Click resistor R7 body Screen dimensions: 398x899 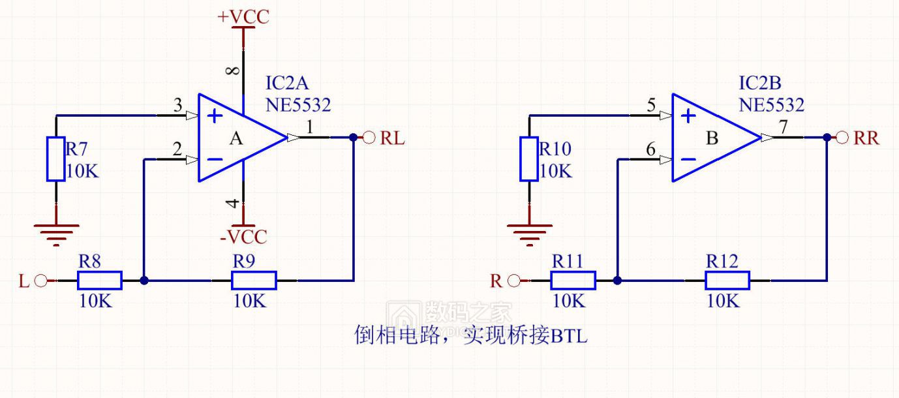click(x=55, y=159)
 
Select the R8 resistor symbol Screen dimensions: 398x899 click(x=99, y=281)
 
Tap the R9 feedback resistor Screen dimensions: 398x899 click(x=254, y=281)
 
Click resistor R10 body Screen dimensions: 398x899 click(x=528, y=159)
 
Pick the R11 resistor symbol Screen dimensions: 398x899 click(x=573, y=281)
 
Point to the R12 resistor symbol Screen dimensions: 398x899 click(x=727, y=281)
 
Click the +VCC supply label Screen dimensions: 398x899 click(x=243, y=17)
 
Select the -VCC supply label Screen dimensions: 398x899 click(x=243, y=236)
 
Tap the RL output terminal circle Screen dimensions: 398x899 click(x=369, y=138)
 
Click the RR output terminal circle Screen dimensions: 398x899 click(x=843, y=138)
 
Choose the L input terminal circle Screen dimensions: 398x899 click(x=41, y=281)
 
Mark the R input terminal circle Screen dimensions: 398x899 click(x=514, y=281)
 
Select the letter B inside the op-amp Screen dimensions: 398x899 click(x=712, y=138)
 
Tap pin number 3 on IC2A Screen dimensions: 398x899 click(x=177, y=105)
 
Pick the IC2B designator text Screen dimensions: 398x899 click(x=759, y=84)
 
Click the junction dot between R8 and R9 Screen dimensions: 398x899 click(x=144, y=281)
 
